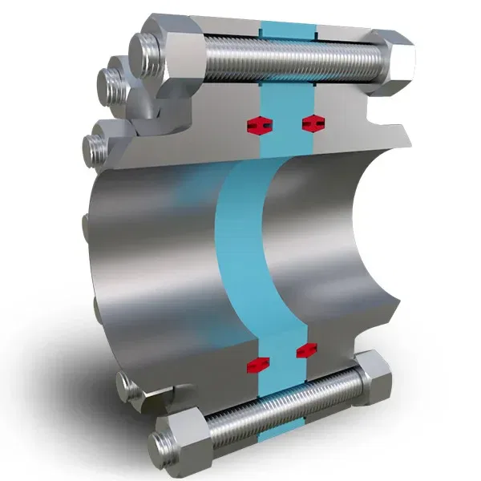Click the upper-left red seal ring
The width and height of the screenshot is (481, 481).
(257, 124)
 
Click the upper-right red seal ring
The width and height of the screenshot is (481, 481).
(313, 123)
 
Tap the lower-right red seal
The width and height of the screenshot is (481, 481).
(306, 350)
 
